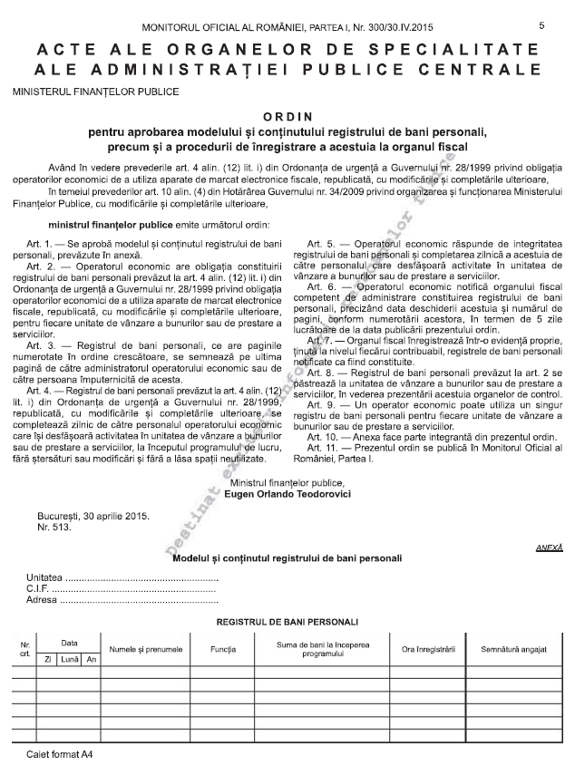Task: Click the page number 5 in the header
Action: pos(541,25)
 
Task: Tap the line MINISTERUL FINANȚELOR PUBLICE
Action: pos(95,92)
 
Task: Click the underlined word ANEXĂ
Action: pos(550,547)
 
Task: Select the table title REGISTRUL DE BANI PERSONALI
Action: pos(287,622)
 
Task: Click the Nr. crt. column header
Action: pos(24,649)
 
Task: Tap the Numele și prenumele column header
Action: pos(145,649)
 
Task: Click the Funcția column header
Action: pos(223,649)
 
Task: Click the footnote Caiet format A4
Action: pos(60,754)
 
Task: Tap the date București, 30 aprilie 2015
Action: pos(93,516)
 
